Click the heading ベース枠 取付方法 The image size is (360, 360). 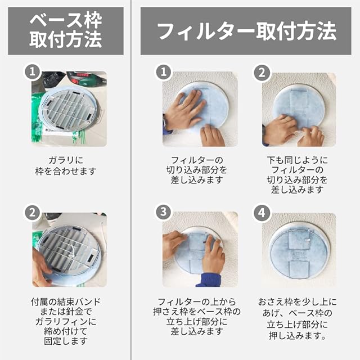(x=66, y=31)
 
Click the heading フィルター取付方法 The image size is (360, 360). (x=246, y=31)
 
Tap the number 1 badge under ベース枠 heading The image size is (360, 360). (x=33, y=72)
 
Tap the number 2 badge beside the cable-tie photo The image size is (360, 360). (x=33, y=213)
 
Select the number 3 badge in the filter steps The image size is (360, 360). (x=164, y=212)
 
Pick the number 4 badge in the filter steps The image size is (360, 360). (x=262, y=213)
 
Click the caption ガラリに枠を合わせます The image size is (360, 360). (x=66, y=166)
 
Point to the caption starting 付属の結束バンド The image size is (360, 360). (x=66, y=321)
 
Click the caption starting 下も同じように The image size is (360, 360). (x=298, y=175)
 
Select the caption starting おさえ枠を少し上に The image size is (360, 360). (x=298, y=319)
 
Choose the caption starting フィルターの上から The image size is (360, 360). (x=197, y=317)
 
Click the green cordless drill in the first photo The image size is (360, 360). (x=87, y=78)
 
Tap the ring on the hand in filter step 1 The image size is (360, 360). (x=184, y=105)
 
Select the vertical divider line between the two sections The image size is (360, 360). (x=131, y=180)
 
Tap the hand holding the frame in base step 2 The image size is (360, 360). (x=41, y=268)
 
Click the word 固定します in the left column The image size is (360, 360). (x=66, y=341)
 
